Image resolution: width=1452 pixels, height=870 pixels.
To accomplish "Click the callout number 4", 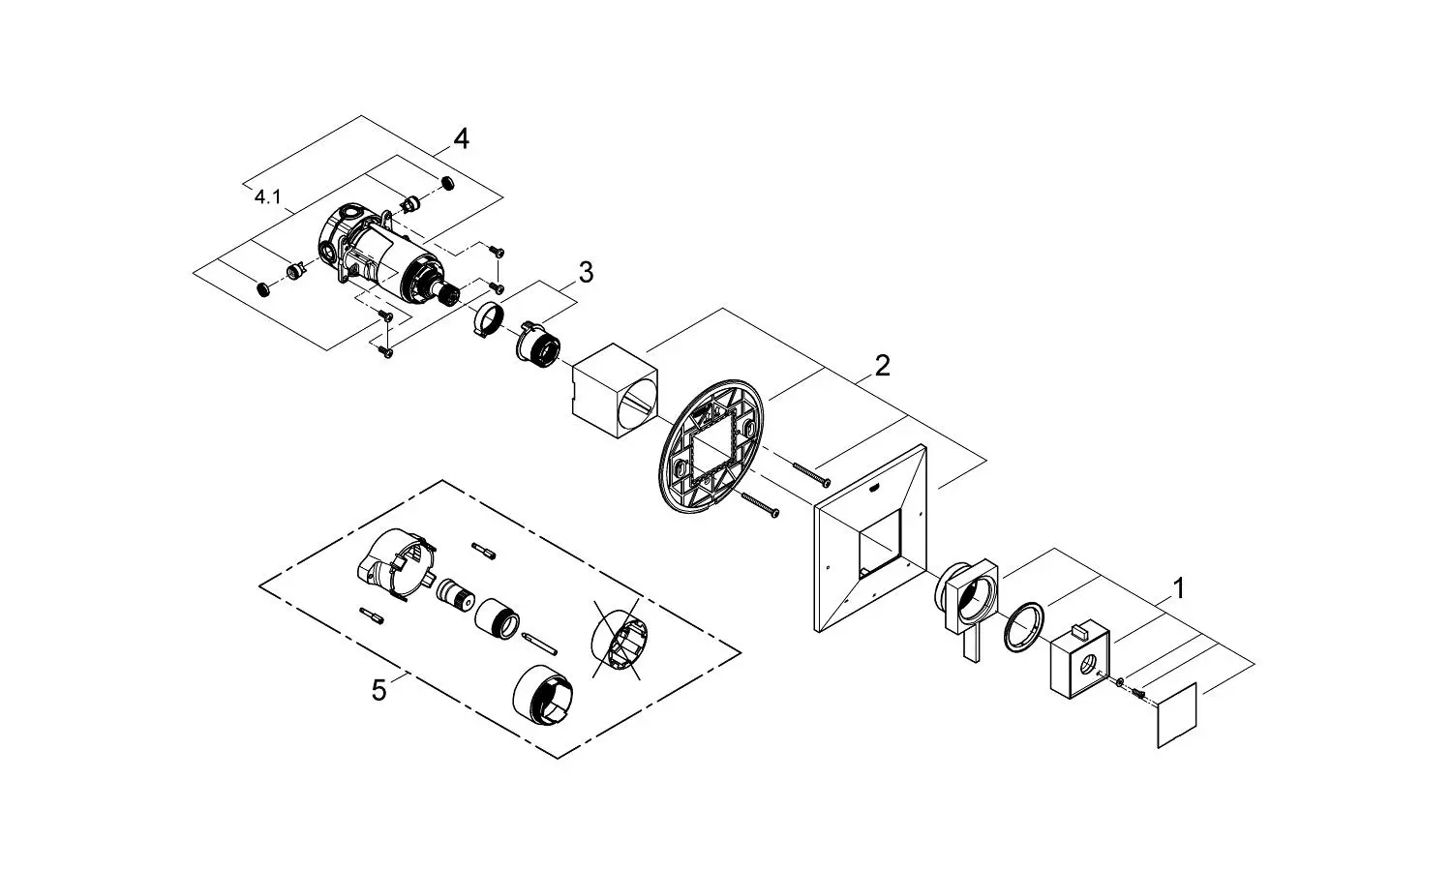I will pos(462,140).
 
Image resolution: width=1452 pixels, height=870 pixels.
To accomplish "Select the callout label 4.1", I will pos(267,197).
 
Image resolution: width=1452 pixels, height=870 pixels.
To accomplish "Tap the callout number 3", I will pos(585,273).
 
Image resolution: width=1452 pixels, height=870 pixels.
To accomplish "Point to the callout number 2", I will pos(881,366).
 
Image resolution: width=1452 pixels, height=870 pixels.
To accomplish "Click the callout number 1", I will pos(1178,587).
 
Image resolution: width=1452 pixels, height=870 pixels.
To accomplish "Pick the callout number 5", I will pos(379,690).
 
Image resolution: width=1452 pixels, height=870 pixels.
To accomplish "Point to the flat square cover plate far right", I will pos(1177,715).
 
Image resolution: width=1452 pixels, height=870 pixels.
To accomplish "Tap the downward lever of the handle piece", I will pos(971,645).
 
